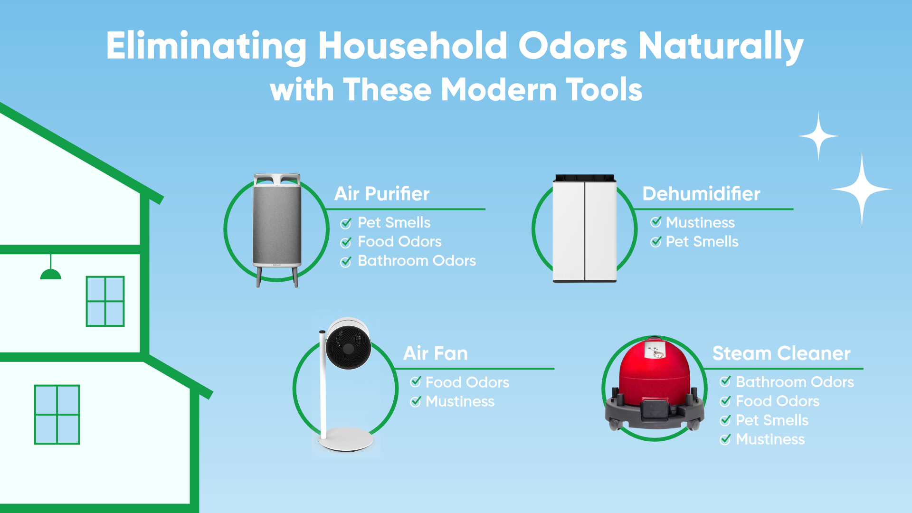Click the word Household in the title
(412, 46)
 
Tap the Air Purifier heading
(382, 194)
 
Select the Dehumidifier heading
(701, 194)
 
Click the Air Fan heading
(436, 353)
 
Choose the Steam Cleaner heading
(781, 353)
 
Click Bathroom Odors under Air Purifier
(417, 261)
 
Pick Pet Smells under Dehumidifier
(702, 242)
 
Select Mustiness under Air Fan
(460, 402)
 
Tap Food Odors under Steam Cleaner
(778, 401)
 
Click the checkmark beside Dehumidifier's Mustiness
(656, 222)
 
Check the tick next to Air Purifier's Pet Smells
(346, 223)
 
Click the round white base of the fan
(346, 439)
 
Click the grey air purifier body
(277, 226)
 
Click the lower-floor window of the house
(57, 415)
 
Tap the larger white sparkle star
(862, 189)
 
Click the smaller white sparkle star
(818, 136)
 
